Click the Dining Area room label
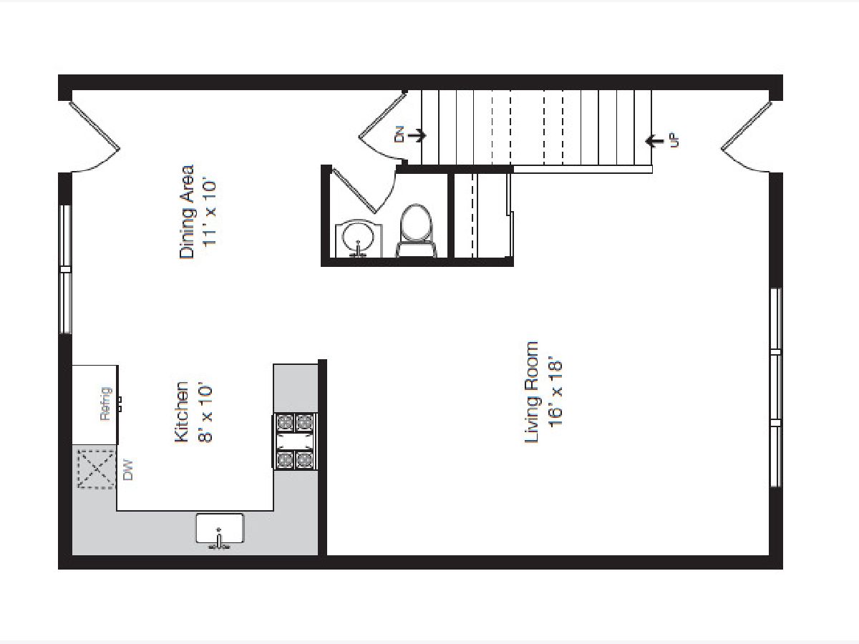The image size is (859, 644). click(x=186, y=212)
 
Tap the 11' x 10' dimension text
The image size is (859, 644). click(x=209, y=213)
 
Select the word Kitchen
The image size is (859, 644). click(x=181, y=411)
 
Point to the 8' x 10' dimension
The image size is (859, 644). click(x=205, y=413)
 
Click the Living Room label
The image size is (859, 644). click(x=531, y=392)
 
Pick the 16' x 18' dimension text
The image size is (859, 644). click(x=555, y=393)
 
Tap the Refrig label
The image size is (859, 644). click(x=106, y=404)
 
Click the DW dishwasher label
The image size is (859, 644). click(x=128, y=470)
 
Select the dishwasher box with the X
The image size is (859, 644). click(x=96, y=469)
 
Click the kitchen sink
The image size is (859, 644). click(x=220, y=530)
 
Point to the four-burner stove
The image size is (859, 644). click(x=296, y=441)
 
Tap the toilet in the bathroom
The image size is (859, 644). click(x=417, y=230)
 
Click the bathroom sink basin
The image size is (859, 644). click(x=359, y=238)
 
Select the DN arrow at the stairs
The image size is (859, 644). click(x=417, y=136)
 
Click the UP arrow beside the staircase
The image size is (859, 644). click(x=654, y=141)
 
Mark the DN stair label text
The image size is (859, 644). click(x=399, y=136)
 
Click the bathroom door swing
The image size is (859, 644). click(x=364, y=190)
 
